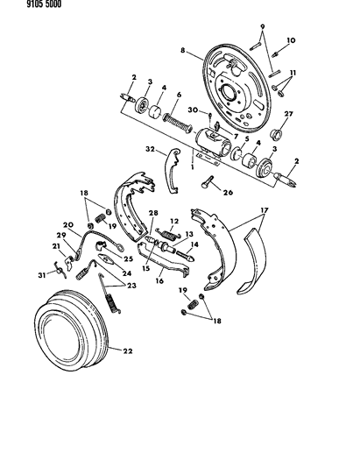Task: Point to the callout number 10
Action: [x=292, y=40]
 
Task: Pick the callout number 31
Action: [x=40, y=279]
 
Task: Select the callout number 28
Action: [x=154, y=213]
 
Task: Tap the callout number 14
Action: [x=194, y=246]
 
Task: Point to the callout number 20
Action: [x=67, y=224]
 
